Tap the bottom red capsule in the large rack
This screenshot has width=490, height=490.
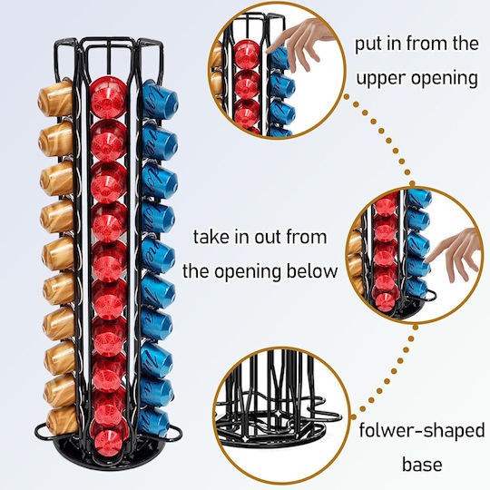coord(109,442)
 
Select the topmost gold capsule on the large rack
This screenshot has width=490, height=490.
coord(55,98)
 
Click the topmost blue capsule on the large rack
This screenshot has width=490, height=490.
coord(160,100)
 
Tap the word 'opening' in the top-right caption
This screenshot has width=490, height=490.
coord(445,78)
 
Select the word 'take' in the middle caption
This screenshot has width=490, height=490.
coord(211,237)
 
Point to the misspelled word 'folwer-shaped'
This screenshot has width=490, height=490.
coord(422,431)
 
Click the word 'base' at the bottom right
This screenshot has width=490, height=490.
coord(422,465)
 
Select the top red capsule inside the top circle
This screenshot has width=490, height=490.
coord(247,54)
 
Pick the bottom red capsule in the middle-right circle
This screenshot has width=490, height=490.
coord(386,302)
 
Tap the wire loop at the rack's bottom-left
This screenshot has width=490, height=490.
coord(42,432)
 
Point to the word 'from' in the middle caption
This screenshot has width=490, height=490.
coord(307,237)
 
